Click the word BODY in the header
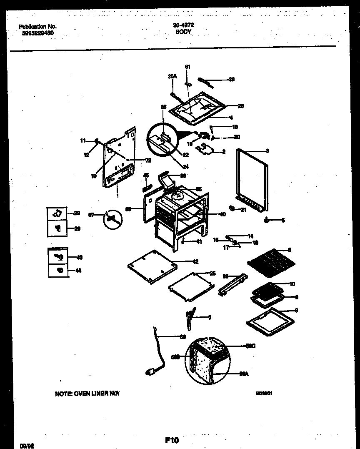[x=183, y=31]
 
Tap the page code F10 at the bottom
[x=172, y=440]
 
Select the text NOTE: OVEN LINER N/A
[x=87, y=393]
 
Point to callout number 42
[x=195, y=262]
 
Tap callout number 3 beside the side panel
[x=267, y=151]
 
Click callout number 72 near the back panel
[x=148, y=160]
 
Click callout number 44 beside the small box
[x=78, y=271]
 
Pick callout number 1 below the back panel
[x=117, y=196]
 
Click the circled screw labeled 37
[x=111, y=218]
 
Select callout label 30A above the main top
[x=172, y=76]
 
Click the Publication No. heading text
[x=38, y=26]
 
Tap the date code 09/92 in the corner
[x=26, y=446]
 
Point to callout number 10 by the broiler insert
[x=292, y=284]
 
